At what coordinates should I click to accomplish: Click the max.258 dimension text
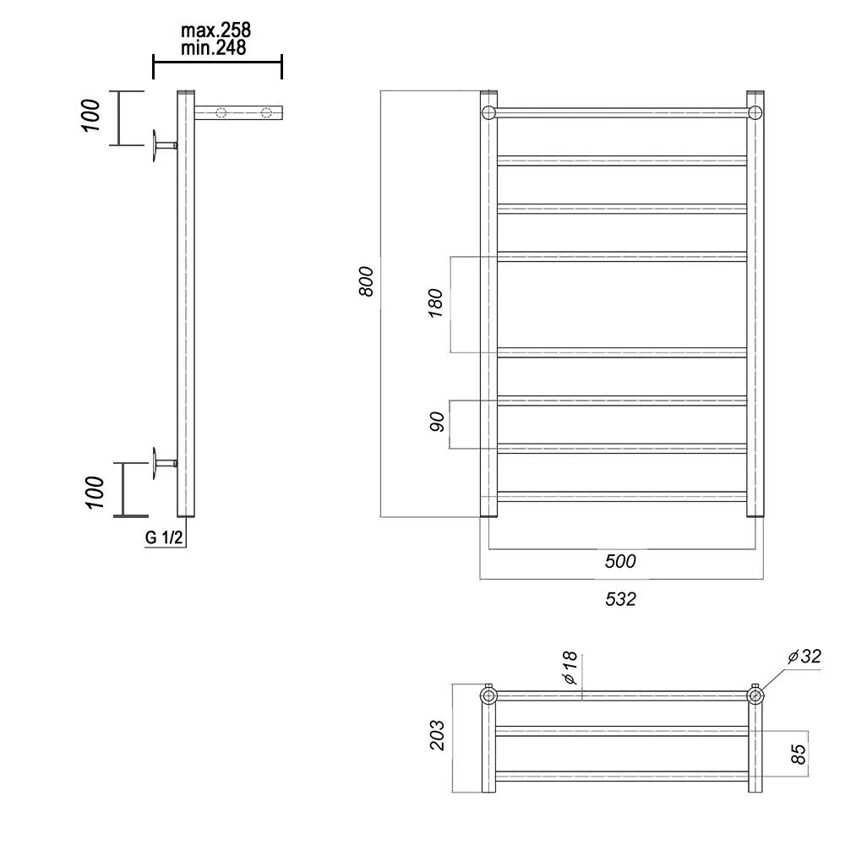point(215,30)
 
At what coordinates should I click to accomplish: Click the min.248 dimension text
point(214,47)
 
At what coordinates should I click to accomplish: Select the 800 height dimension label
point(366,281)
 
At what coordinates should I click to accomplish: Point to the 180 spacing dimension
point(435,303)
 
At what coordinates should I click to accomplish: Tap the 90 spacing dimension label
point(437,422)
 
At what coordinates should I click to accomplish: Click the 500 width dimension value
point(619,561)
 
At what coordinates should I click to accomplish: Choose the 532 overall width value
point(620,599)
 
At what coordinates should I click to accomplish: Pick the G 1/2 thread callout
point(164,537)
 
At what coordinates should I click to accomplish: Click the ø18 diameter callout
point(570,668)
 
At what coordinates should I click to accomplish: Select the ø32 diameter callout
point(804,657)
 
